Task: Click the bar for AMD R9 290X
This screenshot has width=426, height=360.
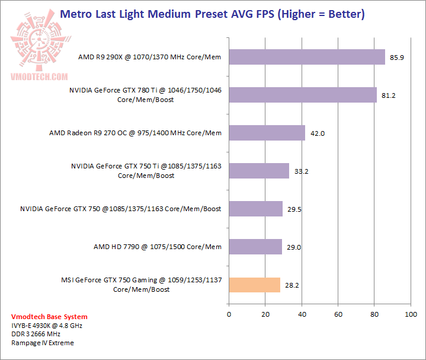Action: click(306, 58)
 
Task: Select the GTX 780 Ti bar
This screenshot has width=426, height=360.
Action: click(302, 95)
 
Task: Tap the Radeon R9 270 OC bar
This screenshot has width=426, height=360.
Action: click(267, 133)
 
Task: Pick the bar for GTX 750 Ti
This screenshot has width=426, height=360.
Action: click(258, 171)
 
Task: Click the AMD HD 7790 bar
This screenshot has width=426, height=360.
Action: click(255, 246)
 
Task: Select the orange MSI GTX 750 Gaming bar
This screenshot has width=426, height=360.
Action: click(254, 285)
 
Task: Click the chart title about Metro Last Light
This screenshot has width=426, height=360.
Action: click(213, 13)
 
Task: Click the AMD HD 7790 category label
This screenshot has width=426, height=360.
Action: click(158, 246)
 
